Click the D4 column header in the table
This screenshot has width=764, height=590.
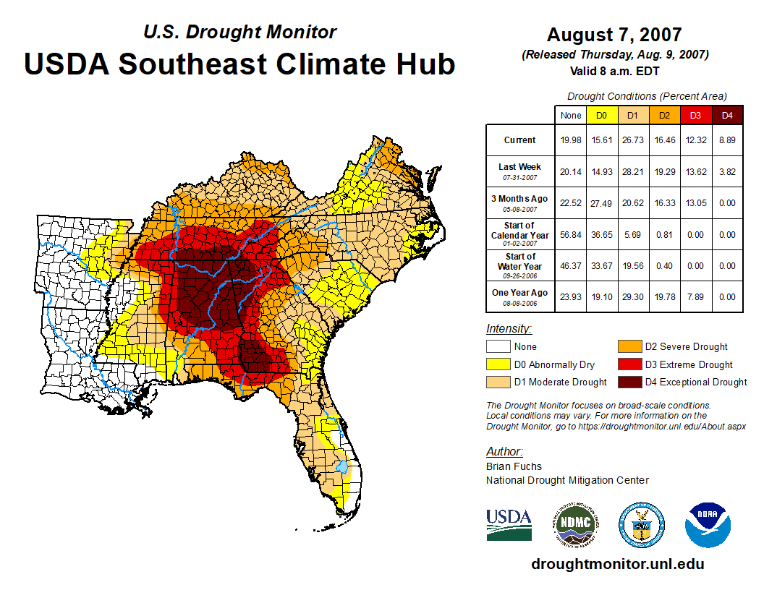click(x=728, y=115)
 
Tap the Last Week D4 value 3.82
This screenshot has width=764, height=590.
click(x=728, y=171)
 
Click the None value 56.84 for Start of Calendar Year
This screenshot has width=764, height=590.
click(x=571, y=234)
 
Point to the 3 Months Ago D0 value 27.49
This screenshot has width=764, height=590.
click(x=601, y=203)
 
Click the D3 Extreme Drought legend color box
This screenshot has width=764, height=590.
click(x=629, y=364)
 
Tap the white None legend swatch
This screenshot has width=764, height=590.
click(x=498, y=347)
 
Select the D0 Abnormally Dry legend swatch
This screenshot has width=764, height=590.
click(x=498, y=364)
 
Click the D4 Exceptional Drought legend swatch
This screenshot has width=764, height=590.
click(x=629, y=382)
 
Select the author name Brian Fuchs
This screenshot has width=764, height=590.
click(x=514, y=466)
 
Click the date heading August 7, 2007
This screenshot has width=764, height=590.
click(x=614, y=35)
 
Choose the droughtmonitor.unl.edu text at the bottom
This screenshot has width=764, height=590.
click(x=617, y=564)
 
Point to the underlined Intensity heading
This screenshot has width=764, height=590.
click(x=509, y=329)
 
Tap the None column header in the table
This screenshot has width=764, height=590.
click(x=571, y=115)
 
